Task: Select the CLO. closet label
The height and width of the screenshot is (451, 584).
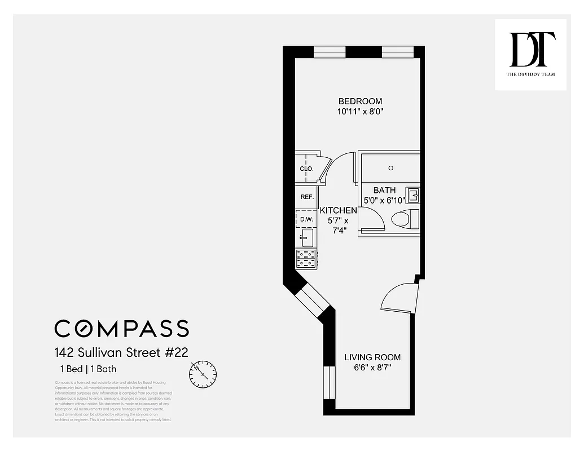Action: [306, 169]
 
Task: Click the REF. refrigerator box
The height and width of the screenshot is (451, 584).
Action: [307, 197]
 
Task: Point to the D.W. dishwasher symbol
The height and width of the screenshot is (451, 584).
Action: [306, 219]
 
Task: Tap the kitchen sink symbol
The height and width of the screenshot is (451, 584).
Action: [306, 238]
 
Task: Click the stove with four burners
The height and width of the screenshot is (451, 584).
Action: [306, 258]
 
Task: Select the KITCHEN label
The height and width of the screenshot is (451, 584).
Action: [339, 210]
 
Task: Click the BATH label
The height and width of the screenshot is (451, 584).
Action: [384, 190]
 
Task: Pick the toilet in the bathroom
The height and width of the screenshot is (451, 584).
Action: [406, 219]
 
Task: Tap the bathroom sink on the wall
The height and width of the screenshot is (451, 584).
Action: [413, 195]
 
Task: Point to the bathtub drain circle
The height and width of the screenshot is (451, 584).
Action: [391, 168]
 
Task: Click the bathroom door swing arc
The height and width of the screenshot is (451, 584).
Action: [373, 218]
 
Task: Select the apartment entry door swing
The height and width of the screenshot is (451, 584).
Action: [399, 297]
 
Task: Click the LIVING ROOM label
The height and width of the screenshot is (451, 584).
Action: [372, 357]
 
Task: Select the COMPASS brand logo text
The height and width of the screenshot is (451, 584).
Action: [121, 328]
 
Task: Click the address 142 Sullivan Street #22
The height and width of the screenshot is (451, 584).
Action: [121, 353]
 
